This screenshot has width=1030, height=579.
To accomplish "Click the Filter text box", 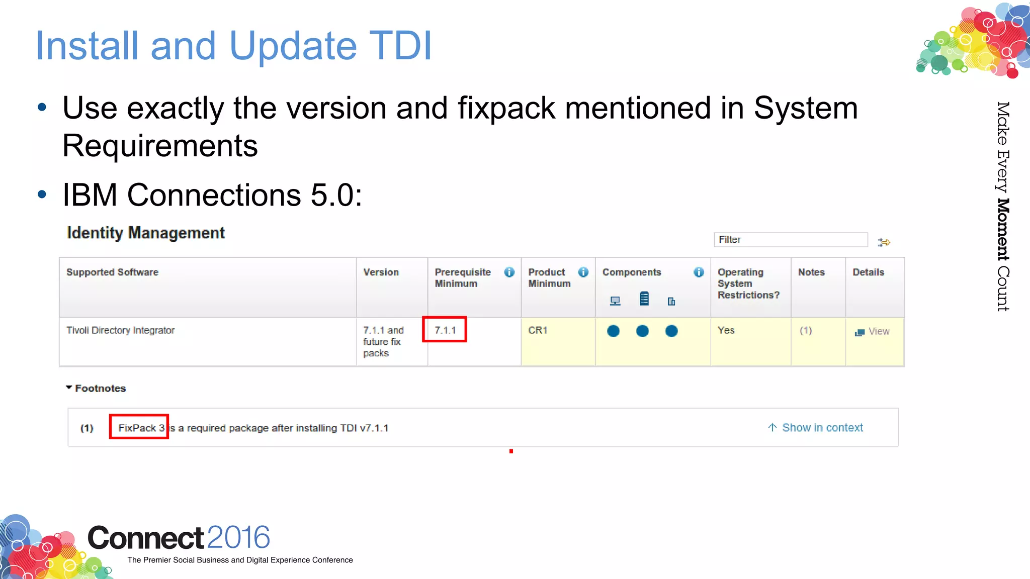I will click(x=790, y=240).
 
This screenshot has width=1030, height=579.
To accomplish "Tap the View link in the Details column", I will click(x=878, y=331).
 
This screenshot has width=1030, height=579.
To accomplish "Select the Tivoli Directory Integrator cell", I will click(x=121, y=330).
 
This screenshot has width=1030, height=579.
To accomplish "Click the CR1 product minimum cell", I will click(x=538, y=330).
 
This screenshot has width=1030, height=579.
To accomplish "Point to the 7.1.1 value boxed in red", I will click(x=445, y=330).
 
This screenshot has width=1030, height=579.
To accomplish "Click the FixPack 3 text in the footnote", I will click(x=141, y=428).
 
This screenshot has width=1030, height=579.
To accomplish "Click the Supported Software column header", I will click(x=112, y=272).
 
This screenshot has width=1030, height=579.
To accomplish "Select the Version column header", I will click(x=381, y=272).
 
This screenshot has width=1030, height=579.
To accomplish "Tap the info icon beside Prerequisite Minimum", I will click(x=509, y=272).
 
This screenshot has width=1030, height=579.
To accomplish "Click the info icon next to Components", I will click(x=699, y=272).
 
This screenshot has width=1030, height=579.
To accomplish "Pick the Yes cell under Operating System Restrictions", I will click(x=726, y=330).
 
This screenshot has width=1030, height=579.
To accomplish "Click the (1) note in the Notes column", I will click(x=806, y=330).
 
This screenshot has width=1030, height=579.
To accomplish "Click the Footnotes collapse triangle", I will click(x=69, y=388).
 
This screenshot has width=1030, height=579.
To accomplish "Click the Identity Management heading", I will click(x=146, y=233).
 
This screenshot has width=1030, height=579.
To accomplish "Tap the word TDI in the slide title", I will click(x=400, y=46).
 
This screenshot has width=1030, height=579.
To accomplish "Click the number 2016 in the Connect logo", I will click(x=238, y=537).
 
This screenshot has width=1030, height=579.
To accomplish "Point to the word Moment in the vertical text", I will click(x=1003, y=230).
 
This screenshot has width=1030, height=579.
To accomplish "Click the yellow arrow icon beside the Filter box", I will click(x=884, y=242).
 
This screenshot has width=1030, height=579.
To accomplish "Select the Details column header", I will click(x=868, y=272).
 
